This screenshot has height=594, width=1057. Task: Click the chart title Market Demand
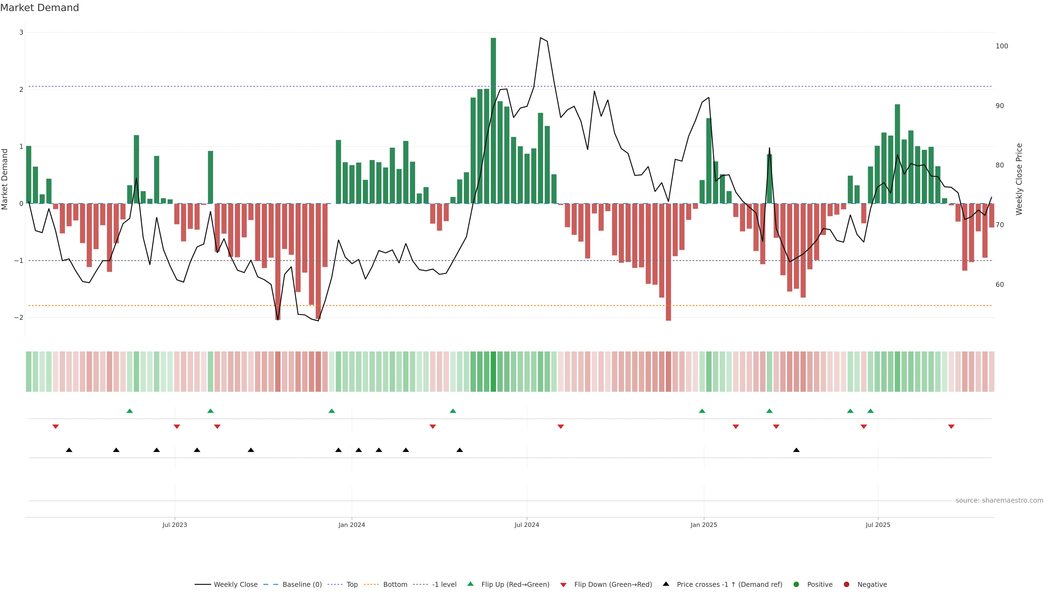[x=39, y=8]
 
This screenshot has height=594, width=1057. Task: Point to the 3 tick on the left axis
[x=21, y=32]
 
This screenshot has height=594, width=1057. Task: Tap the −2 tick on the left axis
[x=19, y=318]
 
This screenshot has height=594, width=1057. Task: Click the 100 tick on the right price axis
[x=1002, y=46]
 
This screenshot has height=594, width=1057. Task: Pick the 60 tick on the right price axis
[x=999, y=285]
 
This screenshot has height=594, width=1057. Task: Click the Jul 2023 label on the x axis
[x=175, y=525]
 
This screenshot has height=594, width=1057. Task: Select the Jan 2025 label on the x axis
[x=704, y=525]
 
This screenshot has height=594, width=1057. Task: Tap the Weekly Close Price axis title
[x=1019, y=179]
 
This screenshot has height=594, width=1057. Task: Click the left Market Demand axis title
[x=5, y=179]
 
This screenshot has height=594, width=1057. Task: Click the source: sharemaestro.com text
[x=999, y=501]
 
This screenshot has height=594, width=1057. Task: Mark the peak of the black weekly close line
[x=540, y=38]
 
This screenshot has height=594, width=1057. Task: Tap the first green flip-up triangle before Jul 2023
[x=130, y=411]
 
